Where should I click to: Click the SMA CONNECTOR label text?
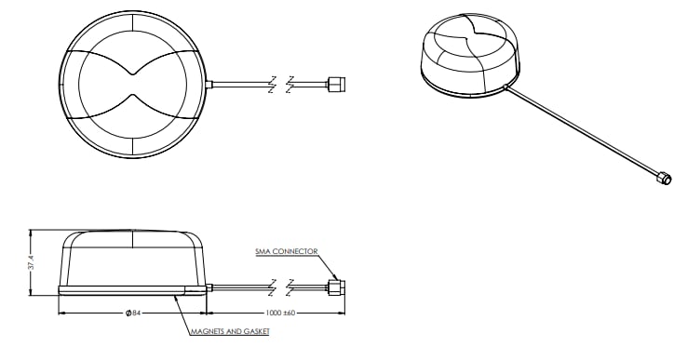click(x=287, y=251)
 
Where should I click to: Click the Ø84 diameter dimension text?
click(x=132, y=312)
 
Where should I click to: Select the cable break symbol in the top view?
click(x=281, y=84)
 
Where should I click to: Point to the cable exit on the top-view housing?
click(x=211, y=84)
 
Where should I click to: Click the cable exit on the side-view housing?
click(x=210, y=288)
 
